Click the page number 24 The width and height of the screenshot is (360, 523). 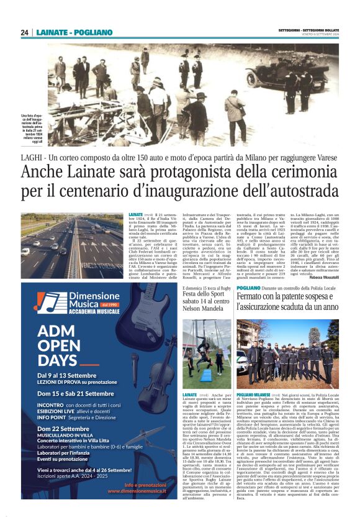[25, 32]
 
